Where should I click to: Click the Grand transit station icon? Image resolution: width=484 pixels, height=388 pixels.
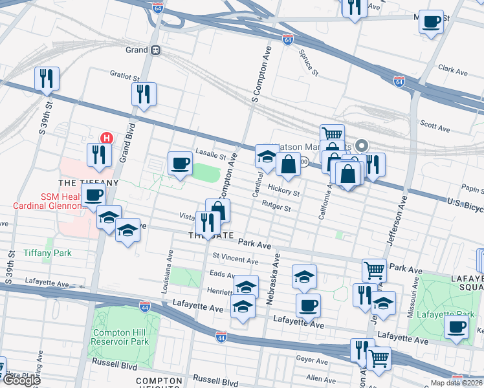coord(155,50)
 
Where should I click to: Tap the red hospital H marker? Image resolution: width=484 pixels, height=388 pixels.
coord(107,138)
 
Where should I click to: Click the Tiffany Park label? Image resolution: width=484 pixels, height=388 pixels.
coord(47,253)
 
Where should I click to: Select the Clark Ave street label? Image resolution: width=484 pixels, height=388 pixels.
coord(452,67)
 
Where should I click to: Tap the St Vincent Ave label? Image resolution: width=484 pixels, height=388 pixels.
coord(236,259)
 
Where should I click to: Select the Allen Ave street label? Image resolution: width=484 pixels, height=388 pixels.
coord(320,378)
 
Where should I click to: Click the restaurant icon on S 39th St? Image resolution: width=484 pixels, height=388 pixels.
coord(47,79)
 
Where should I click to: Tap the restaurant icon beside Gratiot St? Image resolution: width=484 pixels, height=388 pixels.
coord(144,94)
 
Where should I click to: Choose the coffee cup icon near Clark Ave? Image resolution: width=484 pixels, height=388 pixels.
coord(431,21)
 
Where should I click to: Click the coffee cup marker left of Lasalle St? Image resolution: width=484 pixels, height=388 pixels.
coord(180,163)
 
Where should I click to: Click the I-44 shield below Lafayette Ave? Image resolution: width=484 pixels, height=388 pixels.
coord(221,337)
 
